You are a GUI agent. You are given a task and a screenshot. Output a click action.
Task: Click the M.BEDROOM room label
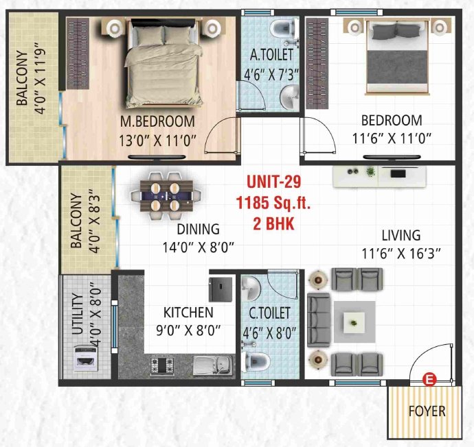coord(157,121)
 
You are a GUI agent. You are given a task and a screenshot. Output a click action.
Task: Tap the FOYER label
coord(427,411)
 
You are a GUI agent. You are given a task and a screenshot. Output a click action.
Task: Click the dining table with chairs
coord(165,196)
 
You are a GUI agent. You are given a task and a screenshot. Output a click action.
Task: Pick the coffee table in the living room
coord(354,319)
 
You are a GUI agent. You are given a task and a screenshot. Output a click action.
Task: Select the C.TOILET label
coord(269,313)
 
